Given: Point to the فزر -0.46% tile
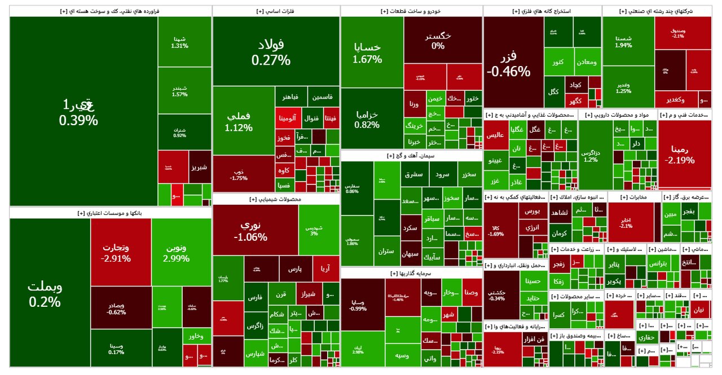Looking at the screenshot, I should click(x=513, y=62).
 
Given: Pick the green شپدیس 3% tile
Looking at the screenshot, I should click(x=319, y=230).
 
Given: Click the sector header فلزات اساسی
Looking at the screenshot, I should click(x=276, y=11).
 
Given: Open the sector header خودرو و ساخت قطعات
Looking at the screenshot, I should click(x=411, y=11).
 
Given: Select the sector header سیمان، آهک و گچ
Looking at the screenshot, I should click(x=411, y=156).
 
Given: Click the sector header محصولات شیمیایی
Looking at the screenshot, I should click(x=276, y=199).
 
